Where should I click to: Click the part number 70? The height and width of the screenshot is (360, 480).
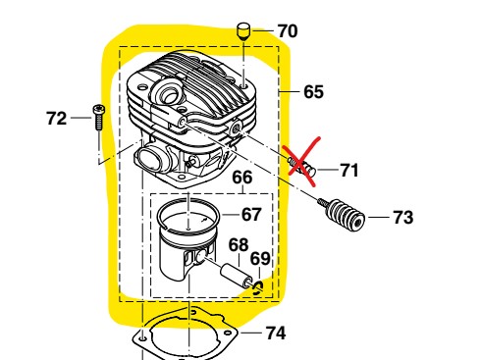pyautogui.click(x=287, y=30)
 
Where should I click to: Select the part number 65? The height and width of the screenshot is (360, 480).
pyautogui.click(x=313, y=92)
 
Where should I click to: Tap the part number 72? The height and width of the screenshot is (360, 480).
pyautogui.click(x=57, y=118)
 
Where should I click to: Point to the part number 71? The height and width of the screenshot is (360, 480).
pyautogui.click(x=348, y=170)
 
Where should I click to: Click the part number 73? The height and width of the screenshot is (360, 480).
pyautogui.click(x=402, y=217)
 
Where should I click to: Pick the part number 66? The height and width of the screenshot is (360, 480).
pyautogui.click(x=242, y=178)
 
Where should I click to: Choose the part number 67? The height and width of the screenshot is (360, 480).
pyautogui.click(x=251, y=214)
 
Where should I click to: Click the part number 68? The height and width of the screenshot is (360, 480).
pyautogui.click(x=239, y=243)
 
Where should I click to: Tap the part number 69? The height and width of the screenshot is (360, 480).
pyautogui.click(x=259, y=258)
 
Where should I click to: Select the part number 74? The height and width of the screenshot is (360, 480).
pyautogui.click(x=276, y=333)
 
